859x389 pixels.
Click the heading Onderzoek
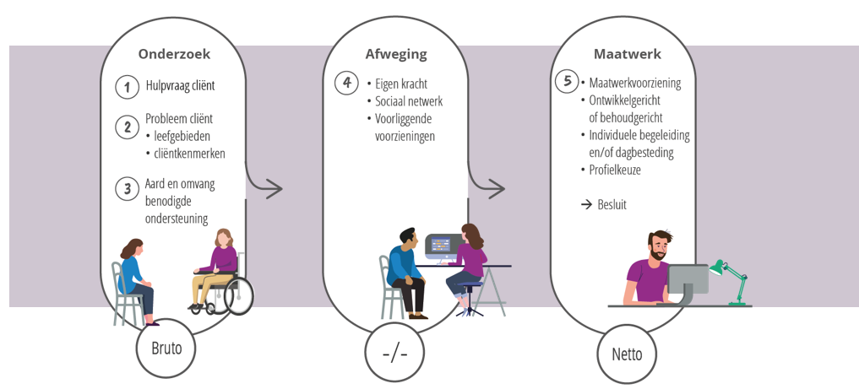pos(174,54)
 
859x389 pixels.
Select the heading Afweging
pos(395,54)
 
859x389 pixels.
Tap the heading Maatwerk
pos(627,54)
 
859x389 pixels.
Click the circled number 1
pos(127,86)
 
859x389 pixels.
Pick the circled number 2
pos(127,127)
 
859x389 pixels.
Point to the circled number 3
pos(127,188)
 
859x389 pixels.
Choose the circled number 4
pos(345,83)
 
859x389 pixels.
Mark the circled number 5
pos(568,82)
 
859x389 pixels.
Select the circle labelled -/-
pos(394,352)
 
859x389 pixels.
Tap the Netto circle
pos(626,354)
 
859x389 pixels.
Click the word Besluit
pos(612,205)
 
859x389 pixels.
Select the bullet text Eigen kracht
pos(401,84)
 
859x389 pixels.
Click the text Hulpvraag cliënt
pos(180,86)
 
